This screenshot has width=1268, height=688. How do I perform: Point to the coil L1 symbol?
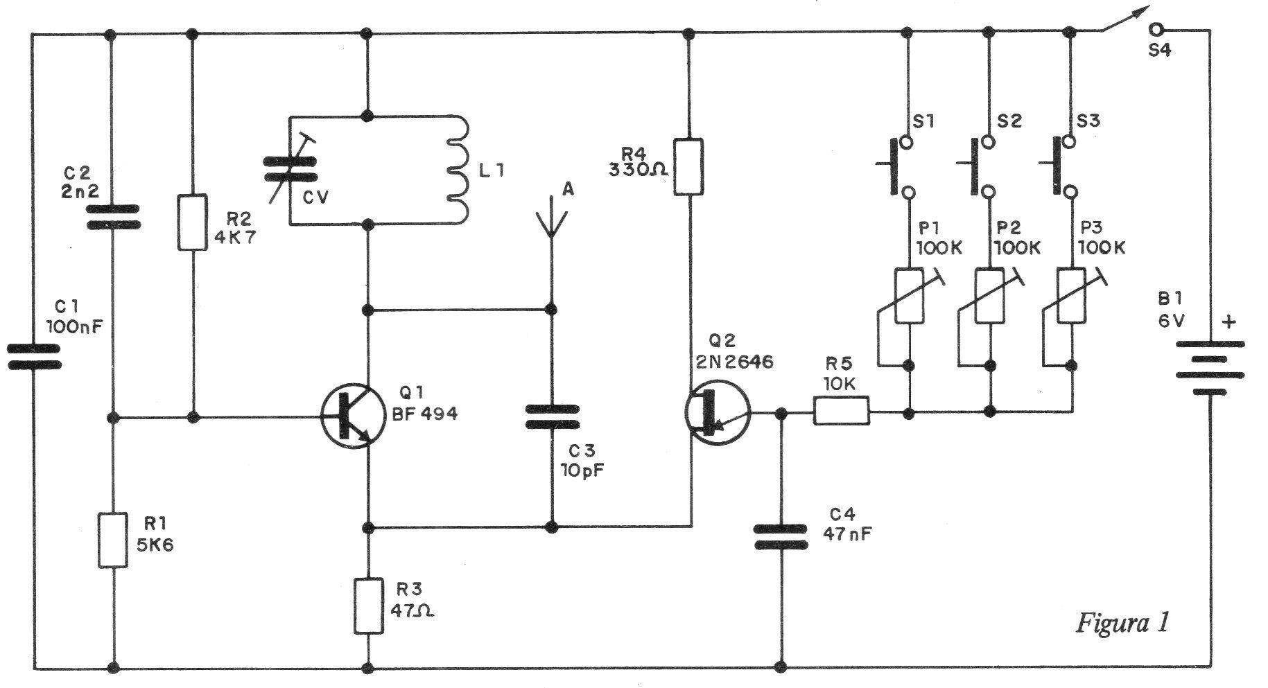coord(458,170)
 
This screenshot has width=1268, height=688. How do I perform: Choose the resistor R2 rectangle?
coord(193,222)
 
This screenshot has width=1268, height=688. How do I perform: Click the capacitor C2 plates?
coord(112,216)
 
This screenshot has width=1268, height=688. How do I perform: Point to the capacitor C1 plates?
coord(33,357)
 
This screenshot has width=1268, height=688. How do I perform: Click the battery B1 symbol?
coord(1210,369)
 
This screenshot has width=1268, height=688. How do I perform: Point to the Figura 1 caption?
coord(1122,623)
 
